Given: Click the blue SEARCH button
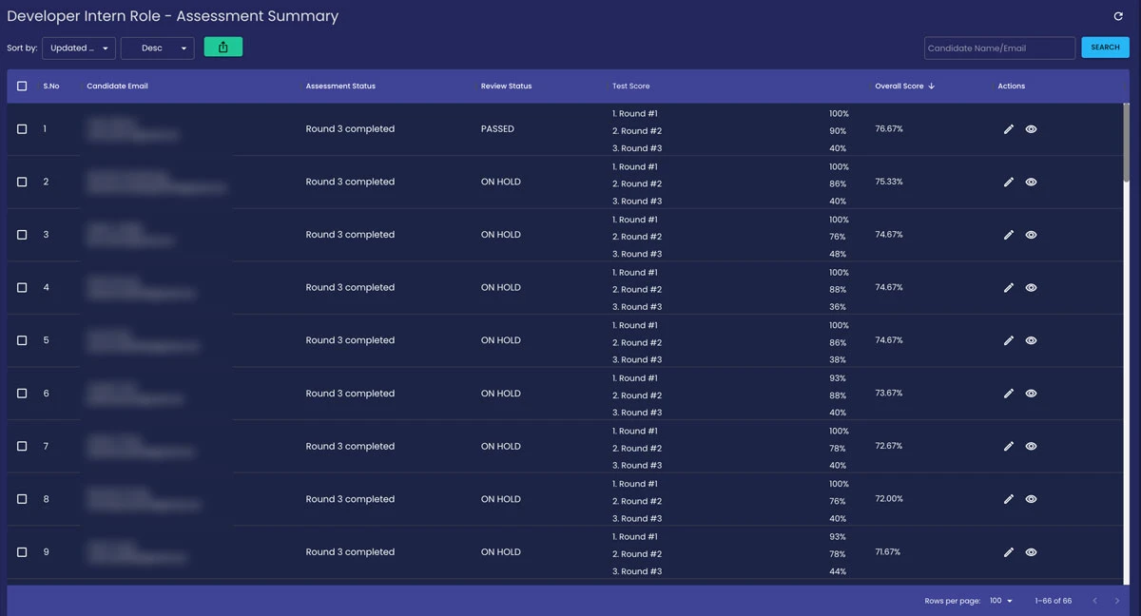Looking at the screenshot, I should [1105, 48].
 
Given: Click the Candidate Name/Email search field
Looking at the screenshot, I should [998, 48].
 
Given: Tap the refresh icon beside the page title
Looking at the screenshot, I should [1118, 16].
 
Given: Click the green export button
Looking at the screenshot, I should [223, 47].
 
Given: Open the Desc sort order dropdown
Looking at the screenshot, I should [158, 48].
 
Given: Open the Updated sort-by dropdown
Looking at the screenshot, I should [79, 48].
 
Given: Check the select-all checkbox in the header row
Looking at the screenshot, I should [22, 87].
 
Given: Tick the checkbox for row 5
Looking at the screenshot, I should [22, 340].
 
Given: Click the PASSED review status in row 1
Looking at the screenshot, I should [497, 129].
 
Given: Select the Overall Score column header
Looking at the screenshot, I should [899, 87].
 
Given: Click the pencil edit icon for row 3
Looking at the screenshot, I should [1009, 235].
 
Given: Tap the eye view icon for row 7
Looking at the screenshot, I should [1031, 447].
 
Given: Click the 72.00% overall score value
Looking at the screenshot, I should [889, 499].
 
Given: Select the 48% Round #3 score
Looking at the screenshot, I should [838, 254].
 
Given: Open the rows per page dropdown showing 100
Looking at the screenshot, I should [1001, 601].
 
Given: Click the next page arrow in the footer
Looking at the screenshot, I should [1117, 601].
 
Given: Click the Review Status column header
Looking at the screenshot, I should [506, 87].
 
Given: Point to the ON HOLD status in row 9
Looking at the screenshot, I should [501, 552].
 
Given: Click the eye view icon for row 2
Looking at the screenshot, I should [1031, 183].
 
